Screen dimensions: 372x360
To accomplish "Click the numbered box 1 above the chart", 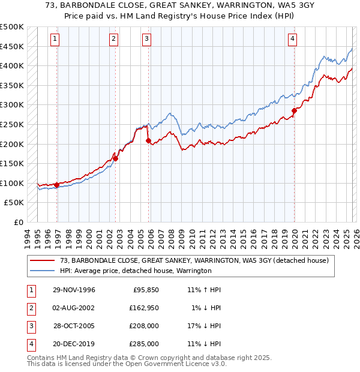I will pyautogui.click(x=55, y=39).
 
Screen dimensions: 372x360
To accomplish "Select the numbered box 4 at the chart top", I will pyautogui.click(x=292, y=39).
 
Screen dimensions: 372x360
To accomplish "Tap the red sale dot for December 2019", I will pyautogui.click(x=295, y=110).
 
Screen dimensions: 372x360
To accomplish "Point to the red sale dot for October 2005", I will pyautogui.click(x=149, y=141).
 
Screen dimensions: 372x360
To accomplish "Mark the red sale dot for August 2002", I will pyautogui.click(x=116, y=158).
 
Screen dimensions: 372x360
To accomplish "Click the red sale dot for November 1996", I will pyautogui.click(x=57, y=185).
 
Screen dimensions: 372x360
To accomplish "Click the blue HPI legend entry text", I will pyautogui.click(x=136, y=271).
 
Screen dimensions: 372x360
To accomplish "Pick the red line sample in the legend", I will pyautogui.click(x=43, y=261).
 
